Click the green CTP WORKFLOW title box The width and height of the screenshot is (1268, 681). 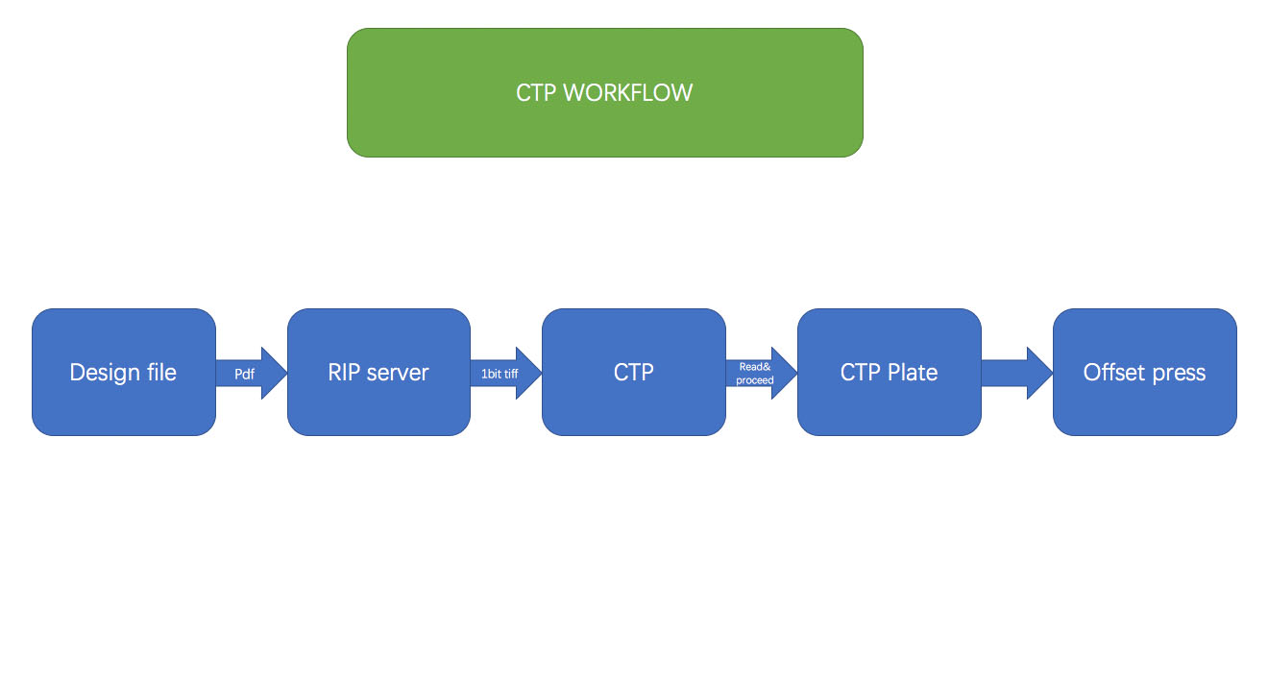point(604,92)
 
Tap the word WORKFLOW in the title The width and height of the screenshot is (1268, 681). point(628,93)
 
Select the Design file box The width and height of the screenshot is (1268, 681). point(123,372)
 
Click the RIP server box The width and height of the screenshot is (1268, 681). point(378,372)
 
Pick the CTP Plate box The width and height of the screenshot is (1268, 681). point(890,372)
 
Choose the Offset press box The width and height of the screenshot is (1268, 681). point(1145,372)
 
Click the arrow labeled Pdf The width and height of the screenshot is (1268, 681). point(252,373)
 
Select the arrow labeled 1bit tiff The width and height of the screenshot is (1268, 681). point(506,373)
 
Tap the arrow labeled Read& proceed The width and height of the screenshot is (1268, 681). point(762,373)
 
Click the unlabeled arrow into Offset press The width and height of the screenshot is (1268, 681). point(1016,373)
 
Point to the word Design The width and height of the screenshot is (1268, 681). point(105,373)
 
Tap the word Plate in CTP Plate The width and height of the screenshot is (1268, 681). point(913,372)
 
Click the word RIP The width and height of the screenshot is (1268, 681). point(344,372)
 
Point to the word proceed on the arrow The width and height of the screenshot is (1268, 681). point(755,380)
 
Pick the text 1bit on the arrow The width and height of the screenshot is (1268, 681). point(490,374)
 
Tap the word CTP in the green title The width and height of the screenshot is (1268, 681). point(535,93)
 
